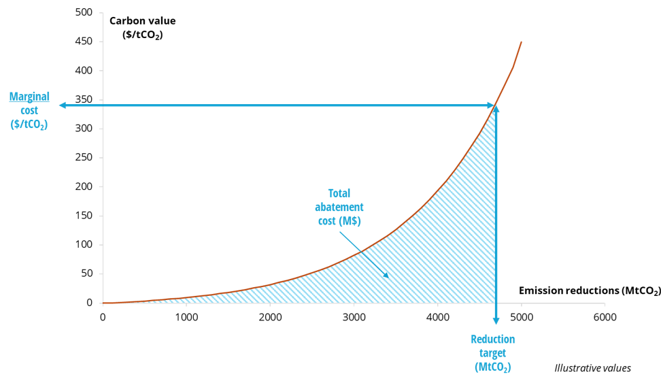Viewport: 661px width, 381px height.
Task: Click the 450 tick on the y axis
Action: pyautogui.click(x=84, y=42)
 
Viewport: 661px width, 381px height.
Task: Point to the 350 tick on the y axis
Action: pyautogui.click(x=84, y=99)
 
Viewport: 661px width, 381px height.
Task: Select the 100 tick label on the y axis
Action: pyautogui.click(x=84, y=245)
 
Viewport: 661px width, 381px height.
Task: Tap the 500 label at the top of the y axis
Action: pyautogui.click(x=84, y=12)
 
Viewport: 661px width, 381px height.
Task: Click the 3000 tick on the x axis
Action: pyautogui.click(x=353, y=317)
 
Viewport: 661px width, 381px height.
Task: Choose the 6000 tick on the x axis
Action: pyautogui.click(x=604, y=317)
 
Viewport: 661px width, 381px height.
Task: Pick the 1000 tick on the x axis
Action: pyautogui.click(x=186, y=317)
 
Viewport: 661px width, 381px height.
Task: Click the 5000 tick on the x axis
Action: pyautogui.click(x=520, y=317)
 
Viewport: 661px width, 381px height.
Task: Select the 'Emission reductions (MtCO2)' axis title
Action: pyautogui.click(x=589, y=291)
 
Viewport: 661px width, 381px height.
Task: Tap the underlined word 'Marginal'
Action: pyautogui.click(x=29, y=97)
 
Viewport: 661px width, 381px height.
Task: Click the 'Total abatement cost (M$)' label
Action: pyautogui.click(x=344, y=207)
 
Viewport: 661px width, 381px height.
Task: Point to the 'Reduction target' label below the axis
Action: pyautogui.click(x=493, y=346)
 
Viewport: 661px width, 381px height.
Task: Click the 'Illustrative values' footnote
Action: pyautogui.click(x=592, y=368)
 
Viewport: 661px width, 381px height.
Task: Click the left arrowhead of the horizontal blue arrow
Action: pyautogui.click(x=61, y=105)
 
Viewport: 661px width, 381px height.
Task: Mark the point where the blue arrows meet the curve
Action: pyautogui.click(x=495, y=105)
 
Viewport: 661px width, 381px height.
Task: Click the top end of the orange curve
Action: pyautogui.click(x=522, y=42)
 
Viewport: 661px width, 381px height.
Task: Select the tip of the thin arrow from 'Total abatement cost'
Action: pyautogui.click(x=388, y=277)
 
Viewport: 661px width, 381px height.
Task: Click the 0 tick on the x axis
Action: pyautogui.click(x=103, y=317)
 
